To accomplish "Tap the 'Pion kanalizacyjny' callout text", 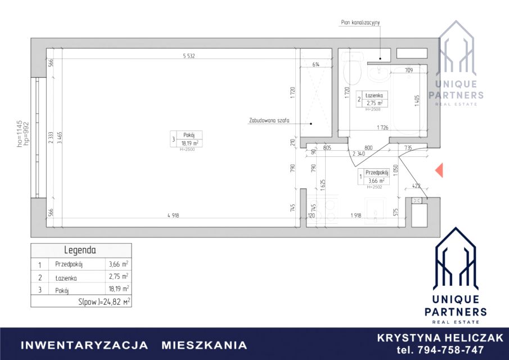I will point(361,23).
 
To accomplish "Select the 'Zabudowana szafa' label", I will point(268,120).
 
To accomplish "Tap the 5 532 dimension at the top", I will point(192,55).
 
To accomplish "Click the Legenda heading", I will point(80,250).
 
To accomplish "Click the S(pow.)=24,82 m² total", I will point(105,302).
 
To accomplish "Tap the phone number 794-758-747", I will point(440,350).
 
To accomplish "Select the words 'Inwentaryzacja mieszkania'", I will point(134,345).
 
